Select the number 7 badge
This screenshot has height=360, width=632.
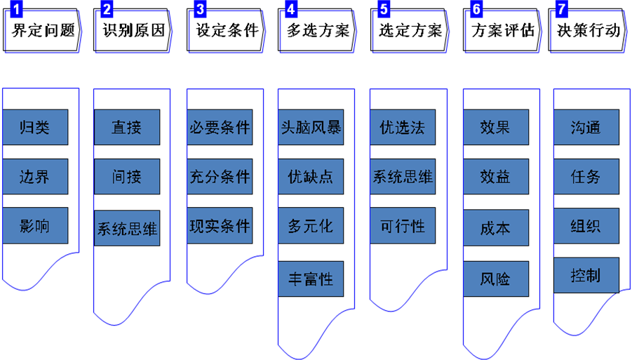pyautogui.click(x=560, y=9)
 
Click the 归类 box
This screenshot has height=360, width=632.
pyautogui.click(x=35, y=128)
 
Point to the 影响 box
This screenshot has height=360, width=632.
pyautogui.click(x=35, y=226)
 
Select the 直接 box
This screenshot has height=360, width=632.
pyautogui.click(x=127, y=128)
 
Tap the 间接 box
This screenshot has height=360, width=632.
pyautogui.click(x=127, y=176)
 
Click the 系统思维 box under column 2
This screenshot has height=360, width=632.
pyautogui.click(x=127, y=228)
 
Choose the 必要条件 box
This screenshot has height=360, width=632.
pyautogui.click(x=220, y=128)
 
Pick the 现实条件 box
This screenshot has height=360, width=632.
pyautogui.click(x=220, y=226)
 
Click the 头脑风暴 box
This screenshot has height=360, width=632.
pyautogui.click(x=311, y=128)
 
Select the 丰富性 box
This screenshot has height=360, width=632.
pyautogui.click(x=311, y=279)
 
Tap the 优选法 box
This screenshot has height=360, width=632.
pyautogui.click(x=402, y=128)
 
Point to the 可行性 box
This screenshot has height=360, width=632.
pyautogui.click(x=402, y=226)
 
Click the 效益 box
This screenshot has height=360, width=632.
pyautogui.click(x=495, y=176)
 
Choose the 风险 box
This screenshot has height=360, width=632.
pyautogui.click(x=495, y=279)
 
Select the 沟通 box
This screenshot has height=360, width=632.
pyautogui.click(x=586, y=128)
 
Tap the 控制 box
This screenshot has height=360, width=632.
pyautogui.click(x=586, y=274)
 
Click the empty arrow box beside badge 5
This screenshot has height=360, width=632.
pyautogui.click(x=412, y=32)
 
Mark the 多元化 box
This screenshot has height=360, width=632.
pyautogui.click(x=311, y=226)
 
